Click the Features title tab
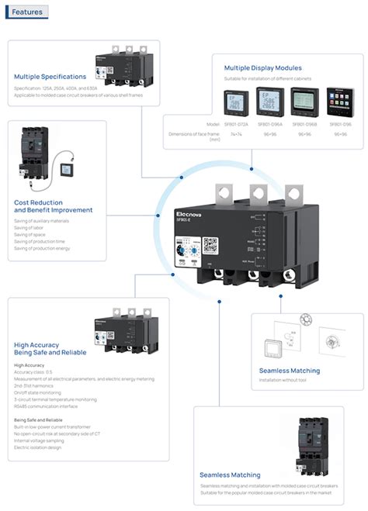coord(28,12)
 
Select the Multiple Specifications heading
coord(50,77)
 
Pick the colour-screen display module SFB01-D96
coord(339,102)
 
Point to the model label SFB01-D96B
coord(304,124)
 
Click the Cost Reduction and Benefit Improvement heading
coord(53,205)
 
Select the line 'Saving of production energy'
coord(42,248)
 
